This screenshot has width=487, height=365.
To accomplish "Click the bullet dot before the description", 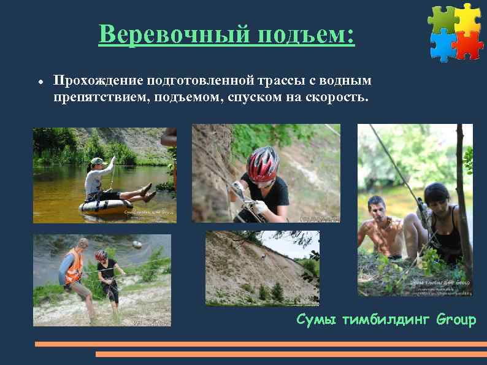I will [39, 82].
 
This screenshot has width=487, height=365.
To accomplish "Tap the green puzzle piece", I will [442, 18].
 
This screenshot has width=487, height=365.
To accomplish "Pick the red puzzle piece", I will [469, 44].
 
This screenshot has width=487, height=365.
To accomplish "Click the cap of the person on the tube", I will [98, 161].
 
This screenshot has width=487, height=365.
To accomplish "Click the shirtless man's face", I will [376, 208].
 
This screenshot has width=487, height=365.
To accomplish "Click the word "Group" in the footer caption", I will [456, 320].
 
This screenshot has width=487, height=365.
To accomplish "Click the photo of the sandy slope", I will [262, 268].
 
